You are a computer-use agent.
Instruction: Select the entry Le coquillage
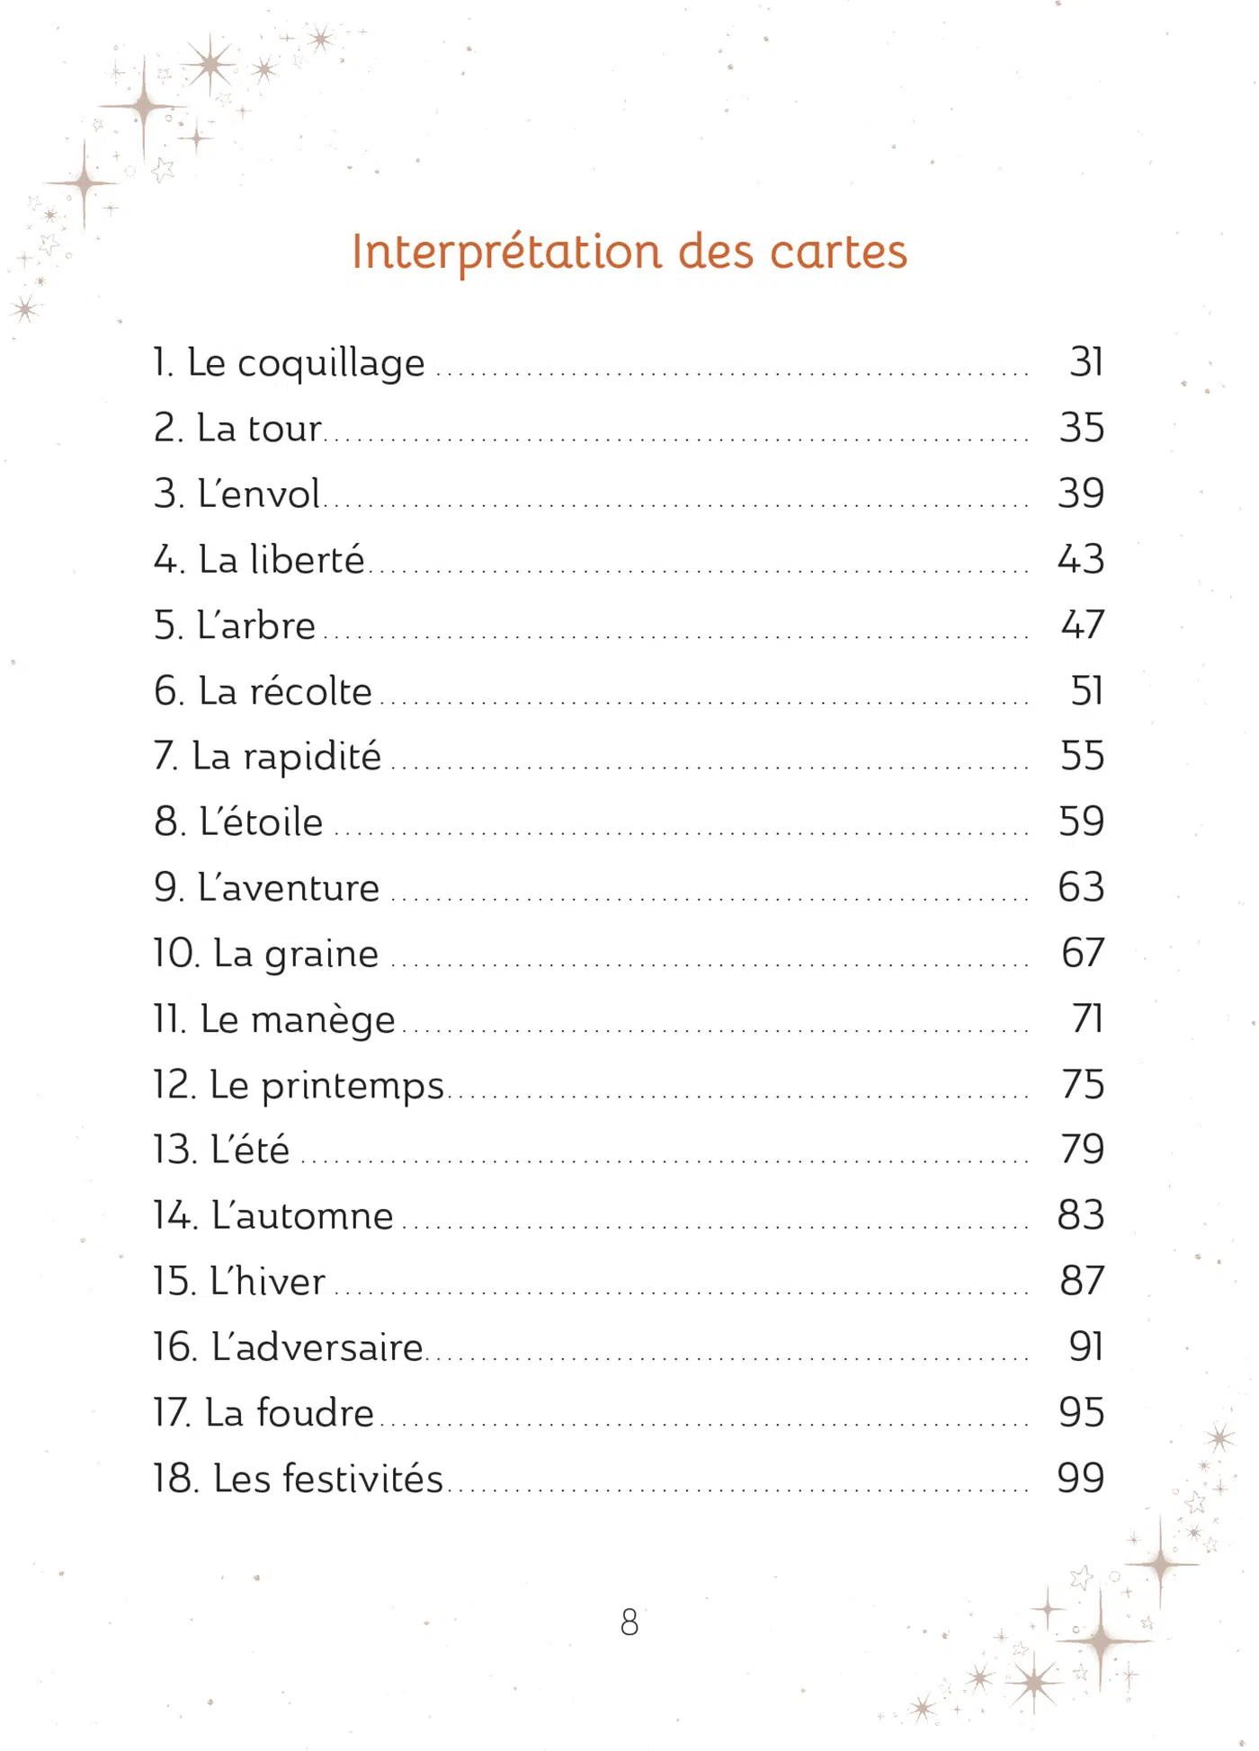tap(289, 362)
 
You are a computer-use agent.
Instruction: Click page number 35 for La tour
tap(1081, 428)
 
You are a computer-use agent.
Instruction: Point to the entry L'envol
tap(237, 493)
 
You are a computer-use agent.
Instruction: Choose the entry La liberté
tap(259, 559)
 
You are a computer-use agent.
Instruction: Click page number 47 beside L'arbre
tap(1082, 625)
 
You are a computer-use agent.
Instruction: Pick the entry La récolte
tap(263, 690)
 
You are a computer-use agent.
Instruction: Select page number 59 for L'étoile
tap(1081, 822)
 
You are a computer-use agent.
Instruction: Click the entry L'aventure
tap(266, 888)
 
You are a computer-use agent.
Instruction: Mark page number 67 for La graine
tap(1082, 953)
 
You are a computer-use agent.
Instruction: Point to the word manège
tap(323, 1020)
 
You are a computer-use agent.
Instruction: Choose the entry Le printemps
tap(299, 1085)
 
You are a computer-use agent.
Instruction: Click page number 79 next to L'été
tap(1082, 1150)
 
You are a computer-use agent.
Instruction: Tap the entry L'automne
tap(273, 1216)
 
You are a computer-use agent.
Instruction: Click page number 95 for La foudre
tap(1081, 1413)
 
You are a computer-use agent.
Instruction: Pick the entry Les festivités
tap(298, 1479)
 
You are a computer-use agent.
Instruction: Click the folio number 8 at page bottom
tap(629, 1622)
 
